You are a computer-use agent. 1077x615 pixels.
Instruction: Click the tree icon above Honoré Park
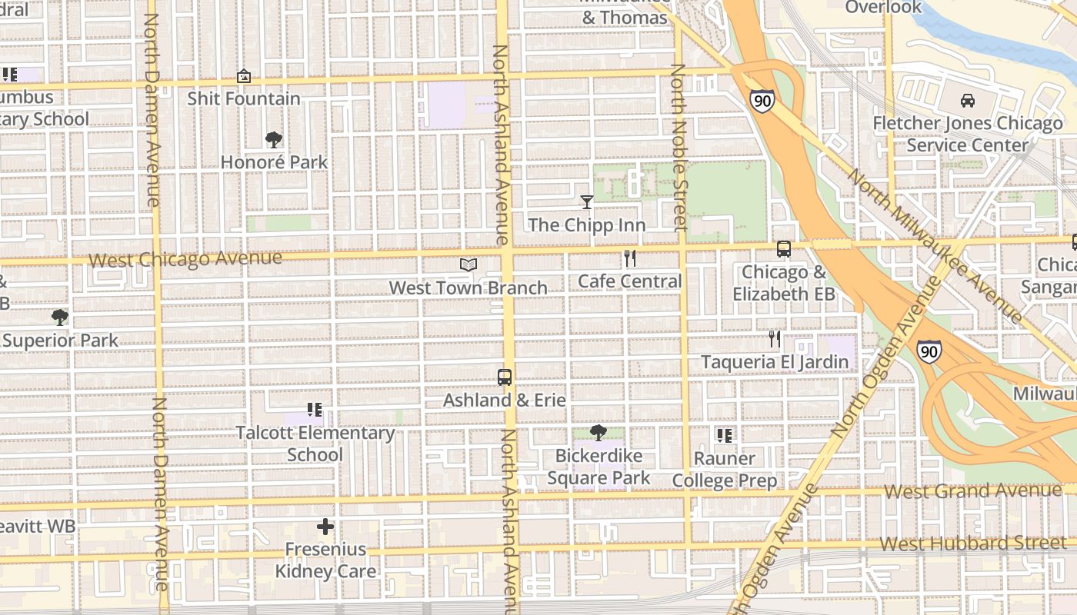coord(273,140)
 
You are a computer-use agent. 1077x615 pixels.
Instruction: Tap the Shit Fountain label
coord(244,98)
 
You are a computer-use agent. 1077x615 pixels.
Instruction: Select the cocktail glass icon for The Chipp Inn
coord(587,202)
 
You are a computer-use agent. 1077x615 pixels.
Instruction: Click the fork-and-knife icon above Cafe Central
coord(630,258)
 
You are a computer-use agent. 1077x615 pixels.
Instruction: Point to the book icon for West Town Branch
coord(468,265)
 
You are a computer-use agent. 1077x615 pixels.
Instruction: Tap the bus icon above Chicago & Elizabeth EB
coord(784,249)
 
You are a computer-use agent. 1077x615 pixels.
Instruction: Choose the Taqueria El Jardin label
coord(775,361)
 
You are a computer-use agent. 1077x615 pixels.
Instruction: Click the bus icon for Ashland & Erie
coord(505,377)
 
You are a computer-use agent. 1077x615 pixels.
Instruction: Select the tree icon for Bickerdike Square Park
coord(599,433)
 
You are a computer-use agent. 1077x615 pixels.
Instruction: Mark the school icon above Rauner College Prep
coord(724,436)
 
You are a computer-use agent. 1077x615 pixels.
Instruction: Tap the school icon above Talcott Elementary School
coord(315,410)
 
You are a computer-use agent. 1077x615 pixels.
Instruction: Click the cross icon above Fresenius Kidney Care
coord(325,527)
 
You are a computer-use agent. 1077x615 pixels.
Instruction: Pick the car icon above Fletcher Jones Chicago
coord(968,101)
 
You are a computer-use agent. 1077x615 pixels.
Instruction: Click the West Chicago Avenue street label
coord(185,258)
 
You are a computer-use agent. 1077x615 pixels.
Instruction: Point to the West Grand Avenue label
coord(973,490)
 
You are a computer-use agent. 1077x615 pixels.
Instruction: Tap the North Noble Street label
coord(679,148)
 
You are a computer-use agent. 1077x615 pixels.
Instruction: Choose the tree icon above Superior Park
coord(59,317)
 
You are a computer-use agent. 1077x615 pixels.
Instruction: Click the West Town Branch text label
coord(468,288)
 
